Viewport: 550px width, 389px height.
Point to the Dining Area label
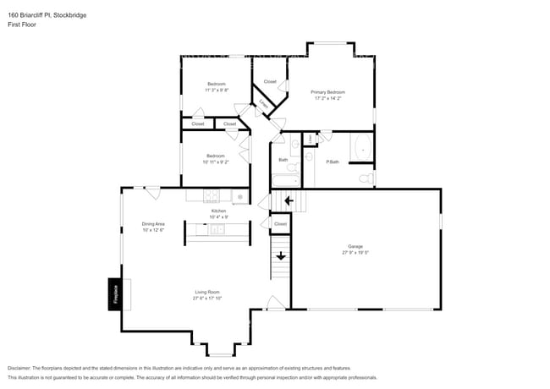click(x=153, y=227)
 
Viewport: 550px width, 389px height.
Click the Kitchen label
click(x=219, y=214)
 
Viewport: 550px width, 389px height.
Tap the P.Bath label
click(x=333, y=162)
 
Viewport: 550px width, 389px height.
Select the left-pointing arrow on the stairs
click(x=288, y=200)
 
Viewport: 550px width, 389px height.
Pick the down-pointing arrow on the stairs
click(x=280, y=255)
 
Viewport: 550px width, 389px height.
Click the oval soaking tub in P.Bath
click(x=362, y=148)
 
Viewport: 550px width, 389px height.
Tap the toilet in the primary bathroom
click(x=365, y=178)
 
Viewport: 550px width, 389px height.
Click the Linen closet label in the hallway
click(x=265, y=104)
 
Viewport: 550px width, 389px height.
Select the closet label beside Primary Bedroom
click(x=270, y=81)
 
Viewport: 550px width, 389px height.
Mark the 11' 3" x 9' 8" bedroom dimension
click(x=217, y=90)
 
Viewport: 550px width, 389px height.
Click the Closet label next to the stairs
click(x=280, y=223)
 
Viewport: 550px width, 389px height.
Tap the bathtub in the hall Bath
click(x=284, y=180)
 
